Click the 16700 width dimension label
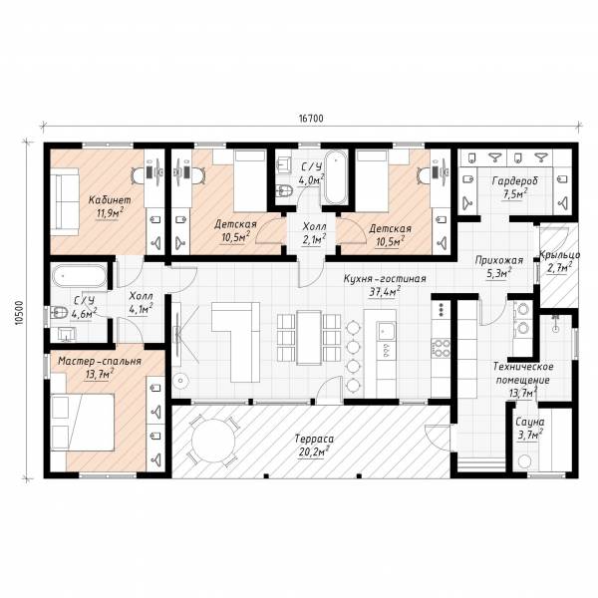pos(311,119)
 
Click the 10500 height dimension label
pos(19,313)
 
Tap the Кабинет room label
pos(110,200)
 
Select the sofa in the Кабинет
pos(65,201)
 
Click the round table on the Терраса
pos(213,441)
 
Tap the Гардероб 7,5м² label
pos(515,187)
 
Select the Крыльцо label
pos(559,255)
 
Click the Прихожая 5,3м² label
pos(499,266)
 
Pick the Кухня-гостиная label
pos(385,278)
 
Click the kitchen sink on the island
pos(386,330)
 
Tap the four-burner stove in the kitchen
pos(441,347)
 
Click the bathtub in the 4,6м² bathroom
pos(80,275)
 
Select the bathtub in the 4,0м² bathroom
pos(336,177)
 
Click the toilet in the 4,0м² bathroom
pos(284,189)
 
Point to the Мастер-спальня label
pos(100,361)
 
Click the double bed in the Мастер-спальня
pos(83,423)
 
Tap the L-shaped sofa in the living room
pos(236,342)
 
